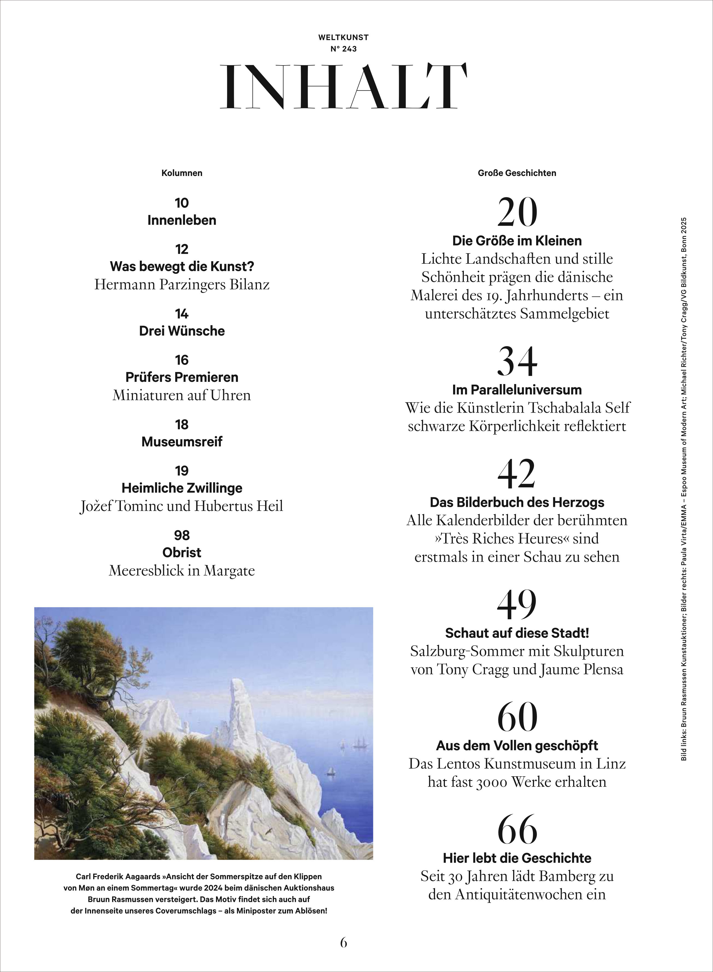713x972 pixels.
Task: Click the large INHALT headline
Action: click(343, 86)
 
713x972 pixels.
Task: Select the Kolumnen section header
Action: click(182, 173)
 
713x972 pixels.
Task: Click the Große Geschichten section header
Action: click(517, 173)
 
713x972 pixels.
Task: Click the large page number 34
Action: click(517, 362)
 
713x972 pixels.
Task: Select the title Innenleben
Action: click(182, 220)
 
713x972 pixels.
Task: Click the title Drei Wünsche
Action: click(182, 331)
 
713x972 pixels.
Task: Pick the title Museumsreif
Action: click(182, 442)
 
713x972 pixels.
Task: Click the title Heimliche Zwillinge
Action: click(182, 488)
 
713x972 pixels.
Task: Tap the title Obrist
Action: click(182, 552)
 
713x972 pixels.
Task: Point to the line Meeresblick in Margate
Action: click(182, 571)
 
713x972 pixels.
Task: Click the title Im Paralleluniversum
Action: click(517, 390)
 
